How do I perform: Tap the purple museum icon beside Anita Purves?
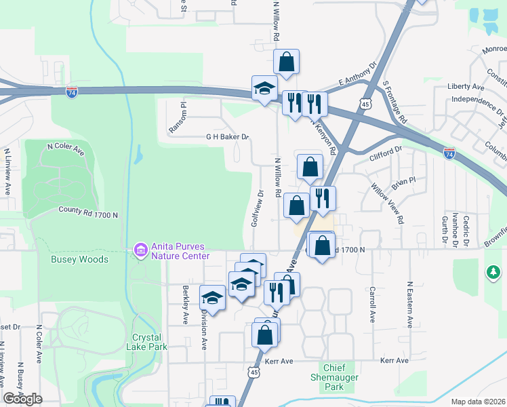[140, 251]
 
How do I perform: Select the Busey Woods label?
[79, 259]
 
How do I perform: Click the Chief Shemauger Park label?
[329, 377]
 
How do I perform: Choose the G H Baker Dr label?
[228, 136]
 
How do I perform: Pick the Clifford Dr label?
[386, 153]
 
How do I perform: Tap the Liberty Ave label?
[466, 87]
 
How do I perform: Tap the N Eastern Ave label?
[409, 305]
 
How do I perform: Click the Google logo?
[22, 399]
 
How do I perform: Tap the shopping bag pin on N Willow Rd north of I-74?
[287, 62]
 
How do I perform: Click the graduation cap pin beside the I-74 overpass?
[264, 88]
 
